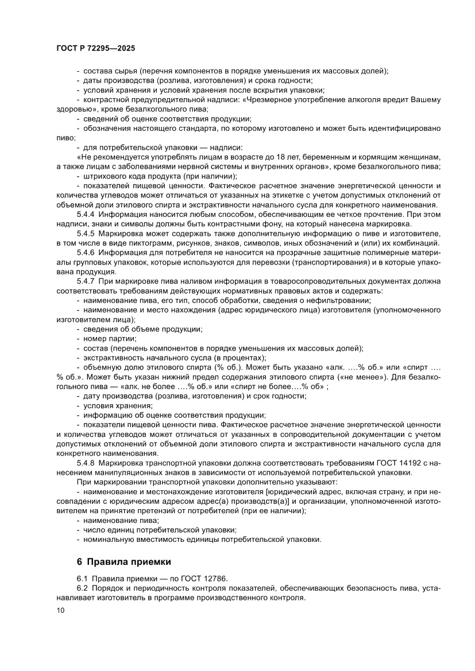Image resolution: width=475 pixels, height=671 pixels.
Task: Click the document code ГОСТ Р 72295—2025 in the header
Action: point(95,49)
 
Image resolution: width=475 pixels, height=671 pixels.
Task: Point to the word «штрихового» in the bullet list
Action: point(106,176)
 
